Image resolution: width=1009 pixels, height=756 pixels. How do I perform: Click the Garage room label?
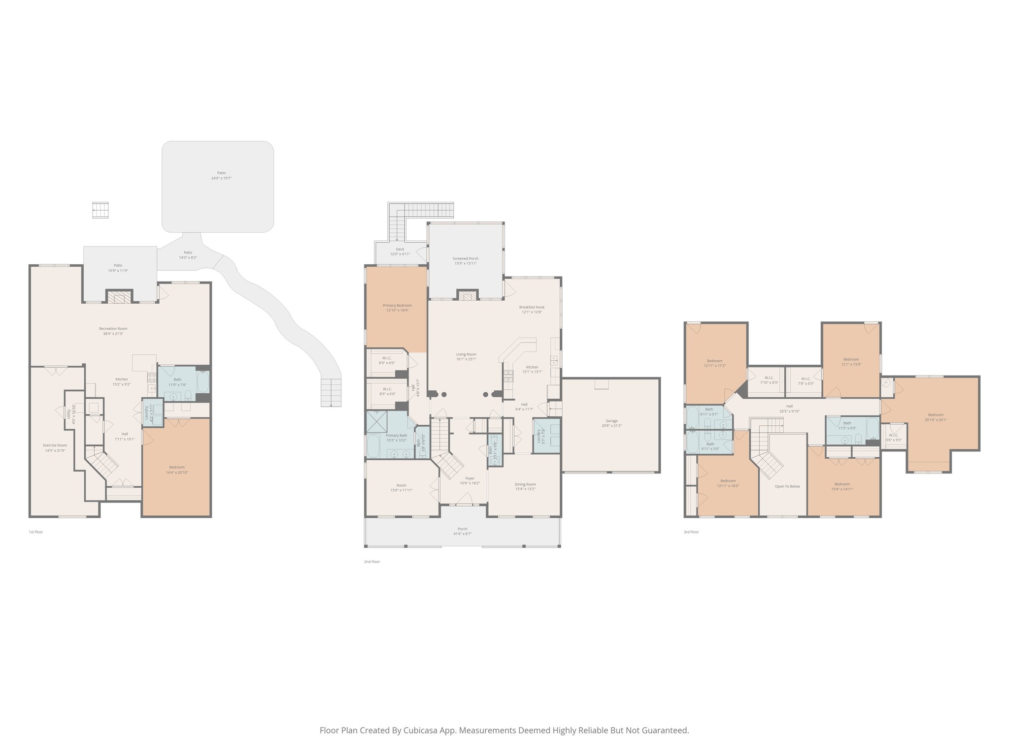tap(611, 423)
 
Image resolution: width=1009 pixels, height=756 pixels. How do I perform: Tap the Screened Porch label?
tap(466, 260)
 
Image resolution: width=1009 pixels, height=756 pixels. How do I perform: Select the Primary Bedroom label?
tap(397, 308)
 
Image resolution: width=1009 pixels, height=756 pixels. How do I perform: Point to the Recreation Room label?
tap(113, 331)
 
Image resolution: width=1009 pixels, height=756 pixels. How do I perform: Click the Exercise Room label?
tap(55, 447)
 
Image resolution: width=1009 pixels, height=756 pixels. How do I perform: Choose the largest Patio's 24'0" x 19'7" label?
tap(221, 175)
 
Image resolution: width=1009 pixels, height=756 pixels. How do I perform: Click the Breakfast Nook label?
tap(532, 309)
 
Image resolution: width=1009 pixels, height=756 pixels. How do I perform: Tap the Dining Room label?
tap(525, 486)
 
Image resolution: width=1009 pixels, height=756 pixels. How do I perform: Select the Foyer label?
tap(470, 480)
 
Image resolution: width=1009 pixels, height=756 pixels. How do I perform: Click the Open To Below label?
tap(787, 486)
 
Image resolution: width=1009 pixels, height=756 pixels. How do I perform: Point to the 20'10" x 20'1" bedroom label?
tap(936, 417)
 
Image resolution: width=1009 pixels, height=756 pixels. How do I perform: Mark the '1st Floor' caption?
tap(35, 532)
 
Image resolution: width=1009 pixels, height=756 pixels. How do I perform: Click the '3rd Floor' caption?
tap(691, 532)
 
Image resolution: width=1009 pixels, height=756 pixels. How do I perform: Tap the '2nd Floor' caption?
tap(372, 562)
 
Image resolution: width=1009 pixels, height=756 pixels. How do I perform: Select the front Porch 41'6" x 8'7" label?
tap(462, 531)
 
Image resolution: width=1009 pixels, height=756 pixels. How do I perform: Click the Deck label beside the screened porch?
tap(400, 252)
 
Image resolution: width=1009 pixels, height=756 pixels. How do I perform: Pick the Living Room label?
tap(466, 356)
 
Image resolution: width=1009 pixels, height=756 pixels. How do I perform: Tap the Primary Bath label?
tap(396, 438)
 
